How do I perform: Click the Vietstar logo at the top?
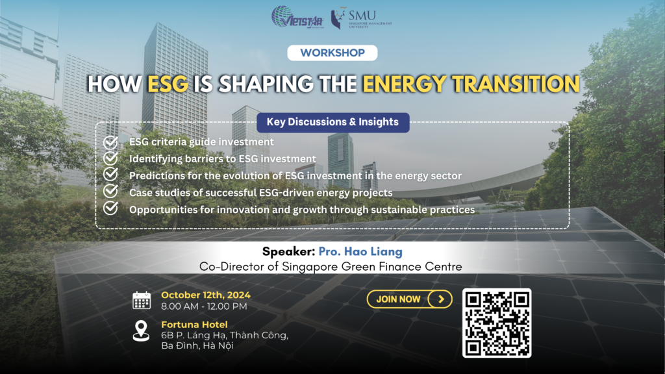tap(297, 17)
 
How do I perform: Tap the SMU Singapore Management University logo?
tap(361, 18)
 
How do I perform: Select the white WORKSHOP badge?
tap(332, 53)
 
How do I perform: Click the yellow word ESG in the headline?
tap(168, 84)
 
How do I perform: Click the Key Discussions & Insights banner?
tap(333, 122)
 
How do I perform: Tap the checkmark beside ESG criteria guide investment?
tap(110, 142)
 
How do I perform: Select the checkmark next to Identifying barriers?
tap(110, 158)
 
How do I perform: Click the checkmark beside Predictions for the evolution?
tap(110, 174)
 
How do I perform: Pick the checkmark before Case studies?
tap(110, 192)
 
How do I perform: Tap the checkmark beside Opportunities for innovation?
tap(110, 208)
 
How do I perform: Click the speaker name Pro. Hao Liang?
tap(360, 251)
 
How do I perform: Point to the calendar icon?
tap(142, 300)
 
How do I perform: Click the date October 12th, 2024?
tap(206, 295)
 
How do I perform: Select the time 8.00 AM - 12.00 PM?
tap(204, 306)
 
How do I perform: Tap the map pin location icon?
tap(141, 330)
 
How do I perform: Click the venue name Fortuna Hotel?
tap(194, 325)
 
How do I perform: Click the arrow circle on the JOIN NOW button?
tap(440, 299)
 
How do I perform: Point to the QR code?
tap(497, 323)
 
